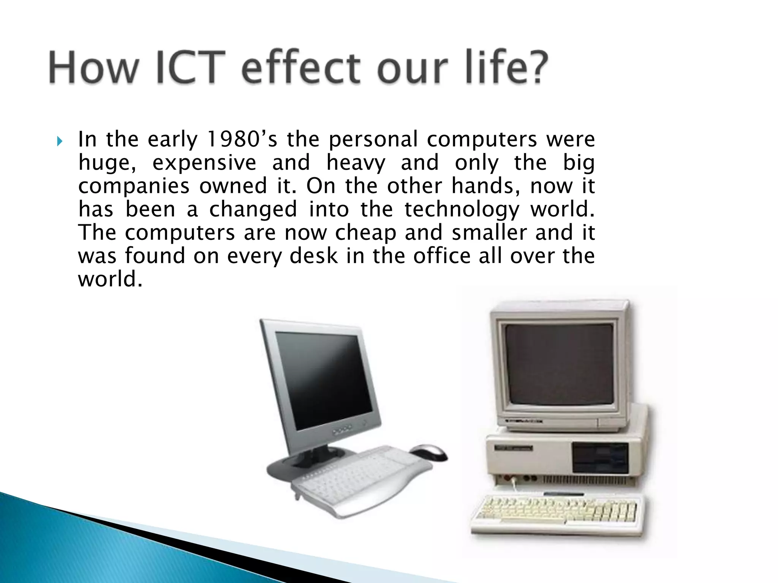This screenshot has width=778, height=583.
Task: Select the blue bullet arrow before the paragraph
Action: coord(59,142)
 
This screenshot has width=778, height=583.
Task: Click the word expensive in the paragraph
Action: coord(204,163)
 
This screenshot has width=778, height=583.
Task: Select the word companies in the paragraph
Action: coord(134,187)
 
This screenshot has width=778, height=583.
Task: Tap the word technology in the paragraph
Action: coord(461,210)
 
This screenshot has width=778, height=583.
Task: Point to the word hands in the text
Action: coord(482,186)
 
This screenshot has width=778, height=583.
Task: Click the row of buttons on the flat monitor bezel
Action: coord(342,431)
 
